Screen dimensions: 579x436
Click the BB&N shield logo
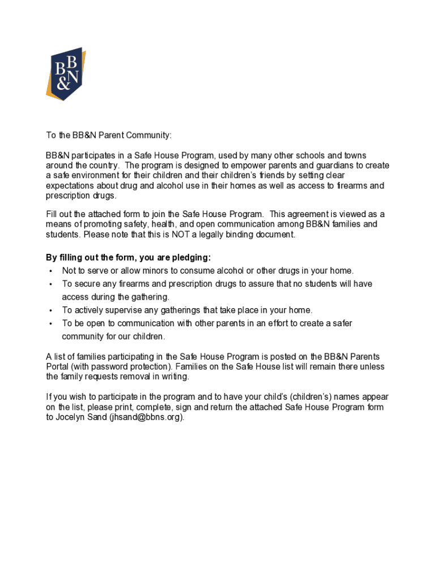click(66, 74)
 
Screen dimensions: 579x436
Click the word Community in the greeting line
click(148, 136)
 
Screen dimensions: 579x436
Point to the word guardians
click(334, 166)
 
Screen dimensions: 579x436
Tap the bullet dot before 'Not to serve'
click(51, 271)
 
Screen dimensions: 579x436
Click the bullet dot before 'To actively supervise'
click(51, 310)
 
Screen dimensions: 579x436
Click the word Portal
click(57, 367)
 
